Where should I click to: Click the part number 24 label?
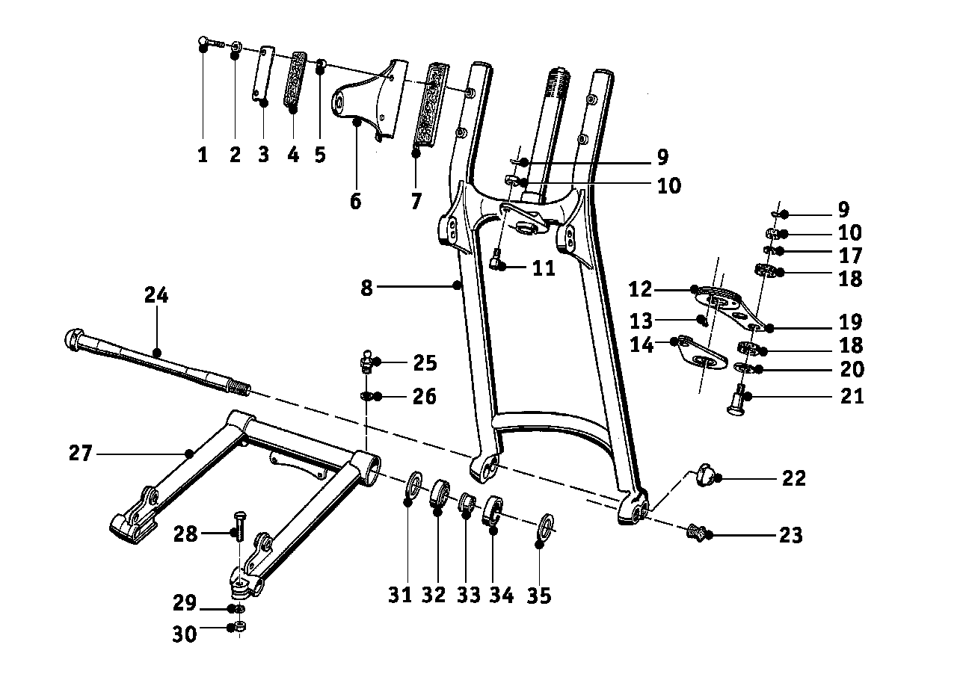coord(157,296)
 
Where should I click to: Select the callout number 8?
coord(366,288)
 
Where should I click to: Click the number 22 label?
coord(794,478)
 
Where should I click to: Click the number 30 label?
coord(185,634)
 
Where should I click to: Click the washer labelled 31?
coord(413,488)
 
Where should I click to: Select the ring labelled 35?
coord(546,524)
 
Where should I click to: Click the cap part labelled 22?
coord(704,473)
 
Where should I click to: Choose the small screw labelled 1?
coord(209,42)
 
